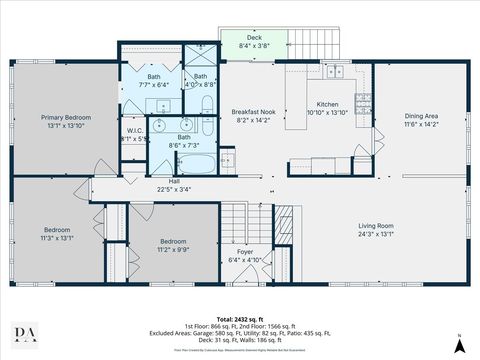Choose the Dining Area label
coord(421,116)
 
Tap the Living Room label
coord(376,225)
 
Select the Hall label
coord(174,181)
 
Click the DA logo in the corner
coord(21,335)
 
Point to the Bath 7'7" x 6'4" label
coord(153,81)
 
